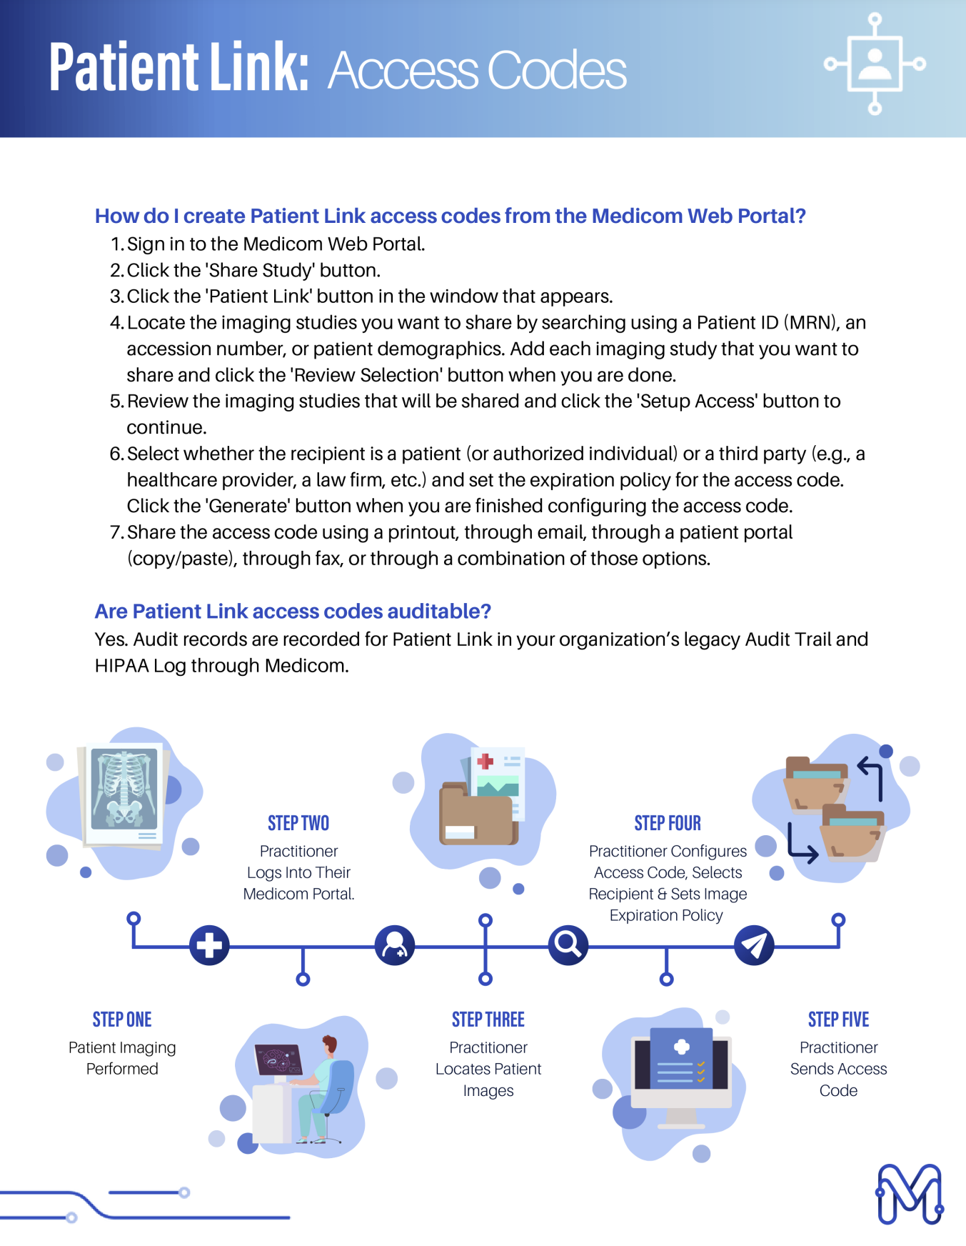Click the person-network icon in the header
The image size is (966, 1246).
click(x=875, y=64)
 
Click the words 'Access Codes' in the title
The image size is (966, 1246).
click(x=477, y=71)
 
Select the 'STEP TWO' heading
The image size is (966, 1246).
click(x=298, y=823)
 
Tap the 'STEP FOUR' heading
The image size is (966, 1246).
click(x=668, y=823)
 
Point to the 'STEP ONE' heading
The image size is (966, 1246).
click(x=122, y=1020)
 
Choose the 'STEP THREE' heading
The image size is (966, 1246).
click(x=488, y=1020)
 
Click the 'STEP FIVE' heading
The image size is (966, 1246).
click(x=838, y=1020)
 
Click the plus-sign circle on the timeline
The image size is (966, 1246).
click(x=209, y=945)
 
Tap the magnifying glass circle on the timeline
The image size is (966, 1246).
click(x=568, y=945)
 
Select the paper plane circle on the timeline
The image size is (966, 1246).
click(x=754, y=945)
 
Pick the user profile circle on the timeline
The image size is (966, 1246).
click(x=395, y=945)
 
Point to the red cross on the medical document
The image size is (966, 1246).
click(x=485, y=762)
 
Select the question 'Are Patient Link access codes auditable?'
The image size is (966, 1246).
click(x=293, y=612)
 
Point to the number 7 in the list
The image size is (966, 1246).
click(x=116, y=532)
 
